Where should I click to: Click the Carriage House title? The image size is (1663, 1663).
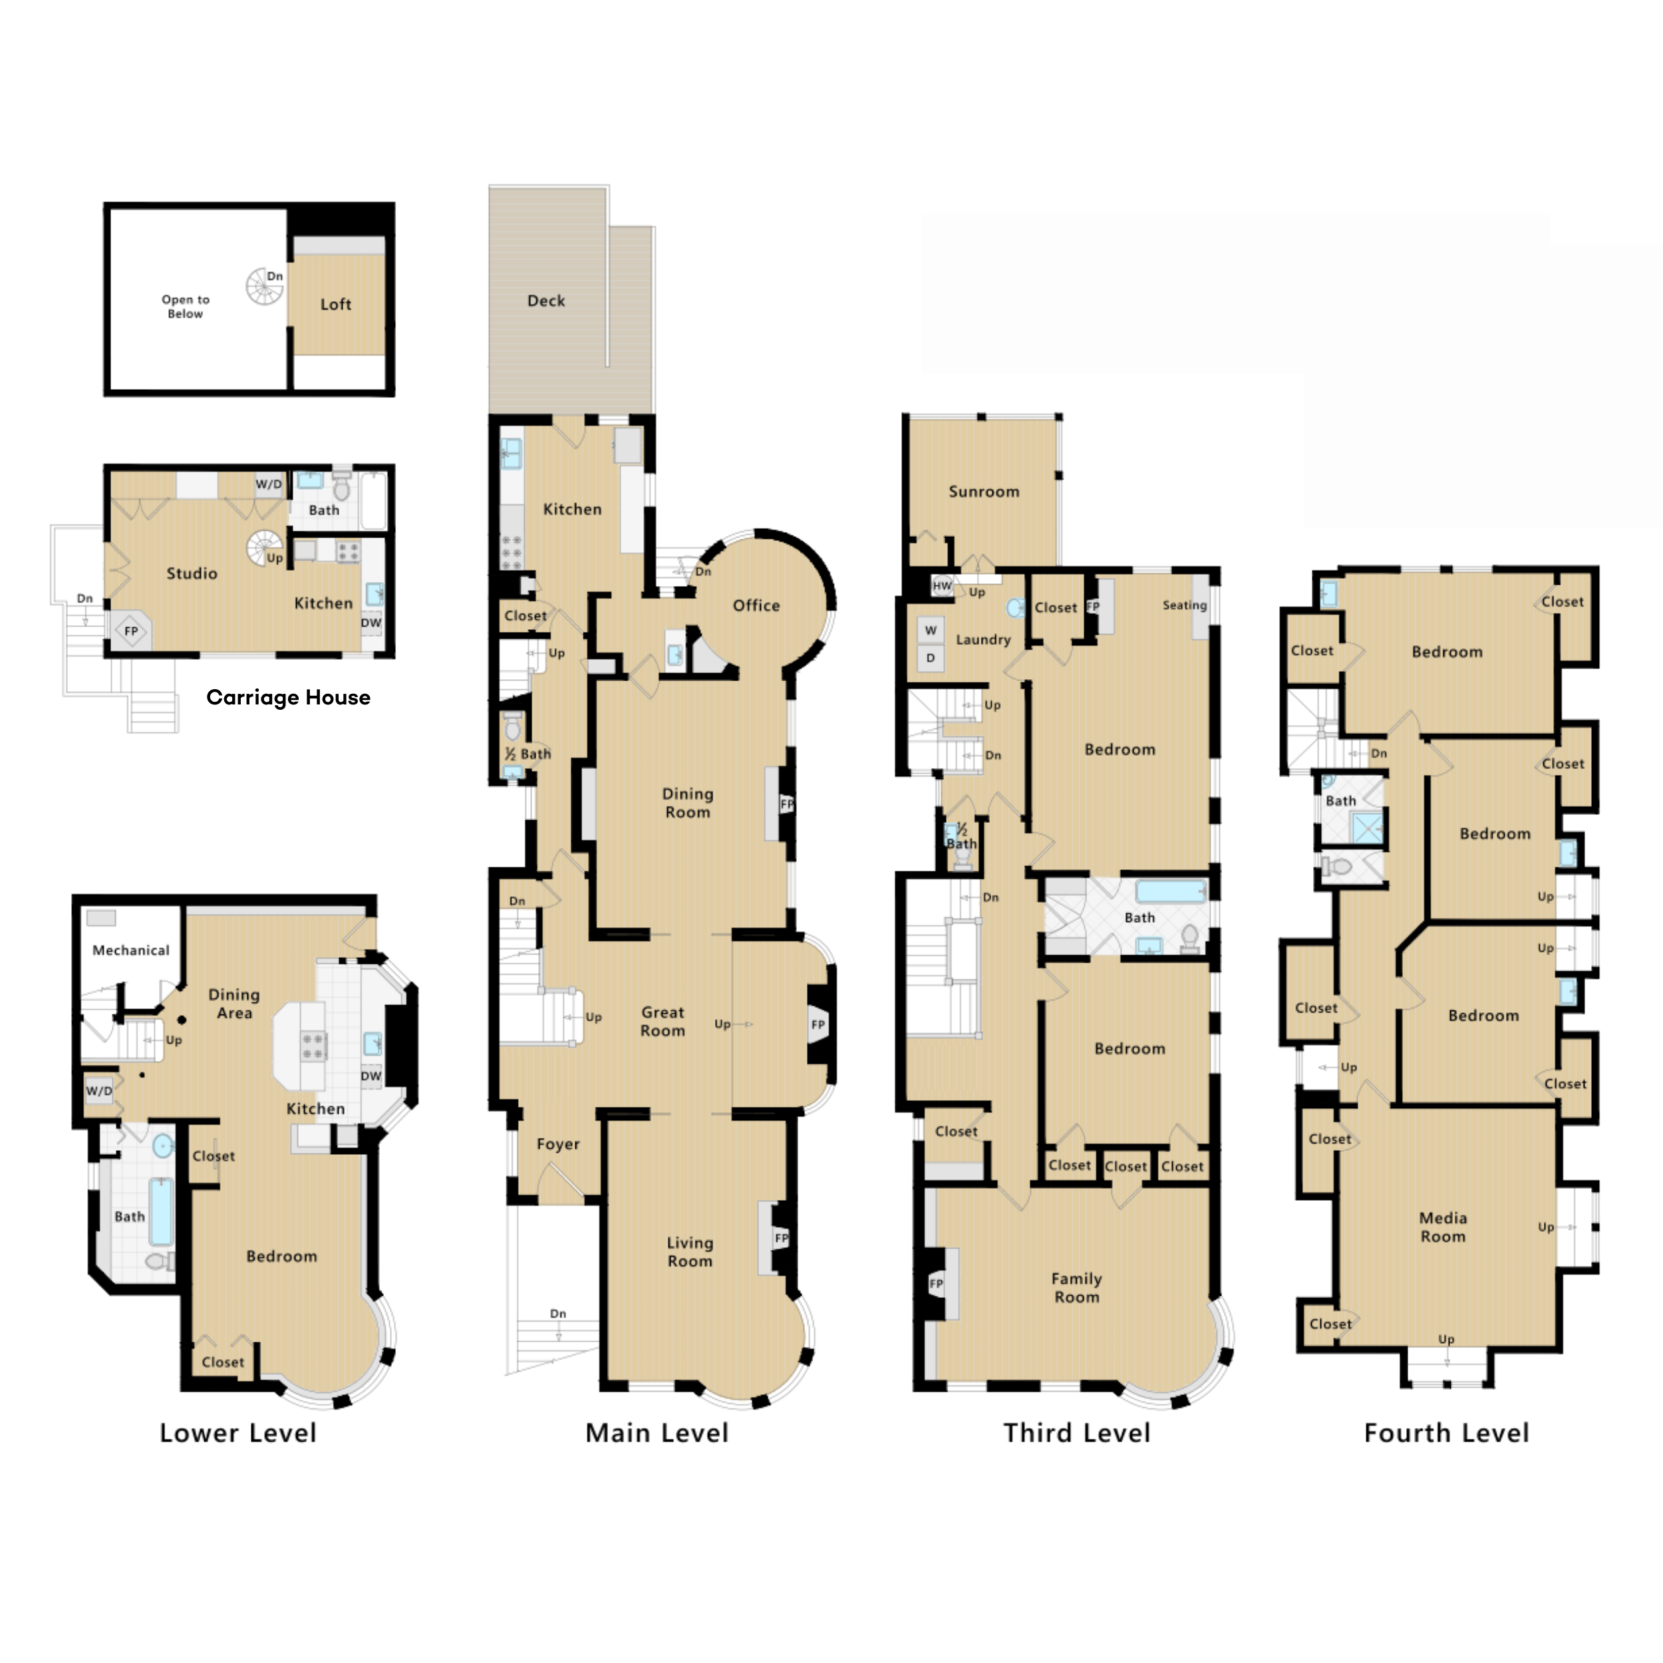click(x=288, y=698)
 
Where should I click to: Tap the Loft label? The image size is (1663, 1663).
click(x=336, y=304)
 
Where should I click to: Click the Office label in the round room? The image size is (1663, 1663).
click(x=756, y=605)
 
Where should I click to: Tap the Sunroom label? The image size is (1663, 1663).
click(x=984, y=492)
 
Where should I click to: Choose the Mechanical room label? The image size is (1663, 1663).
click(x=131, y=951)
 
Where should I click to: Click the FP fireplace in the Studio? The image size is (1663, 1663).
click(x=131, y=631)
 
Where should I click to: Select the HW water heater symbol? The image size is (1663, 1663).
click(x=943, y=586)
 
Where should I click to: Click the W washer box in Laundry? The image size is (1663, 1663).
click(x=931, y=630)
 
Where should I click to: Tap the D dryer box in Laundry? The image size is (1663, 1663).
click(x=931, y=658)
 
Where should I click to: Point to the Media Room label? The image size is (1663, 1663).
click(x=1443, y=1227)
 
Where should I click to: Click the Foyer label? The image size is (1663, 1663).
click(x=558, y=1144)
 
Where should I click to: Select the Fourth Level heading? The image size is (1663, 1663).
click(x=1447, y=1434)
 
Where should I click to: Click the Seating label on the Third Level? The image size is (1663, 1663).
click(x=1185, y=605)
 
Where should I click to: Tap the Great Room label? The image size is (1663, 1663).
click(x=663, y=1022)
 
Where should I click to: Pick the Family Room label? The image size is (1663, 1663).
click(x=1077, y=1288)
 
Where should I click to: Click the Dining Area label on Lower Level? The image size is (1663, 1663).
click(x=234, y=1004)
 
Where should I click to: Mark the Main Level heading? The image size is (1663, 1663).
click(x=657, y=1434)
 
